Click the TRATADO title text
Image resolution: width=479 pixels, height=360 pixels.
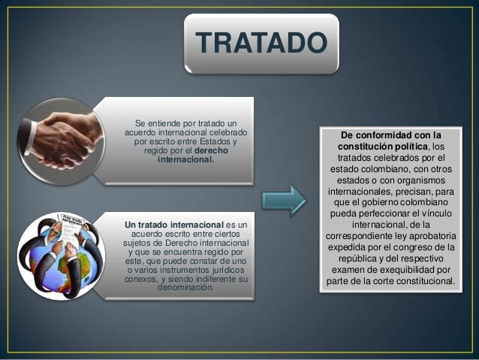(262, 43)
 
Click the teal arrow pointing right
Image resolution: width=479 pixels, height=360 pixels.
(284, 199)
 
